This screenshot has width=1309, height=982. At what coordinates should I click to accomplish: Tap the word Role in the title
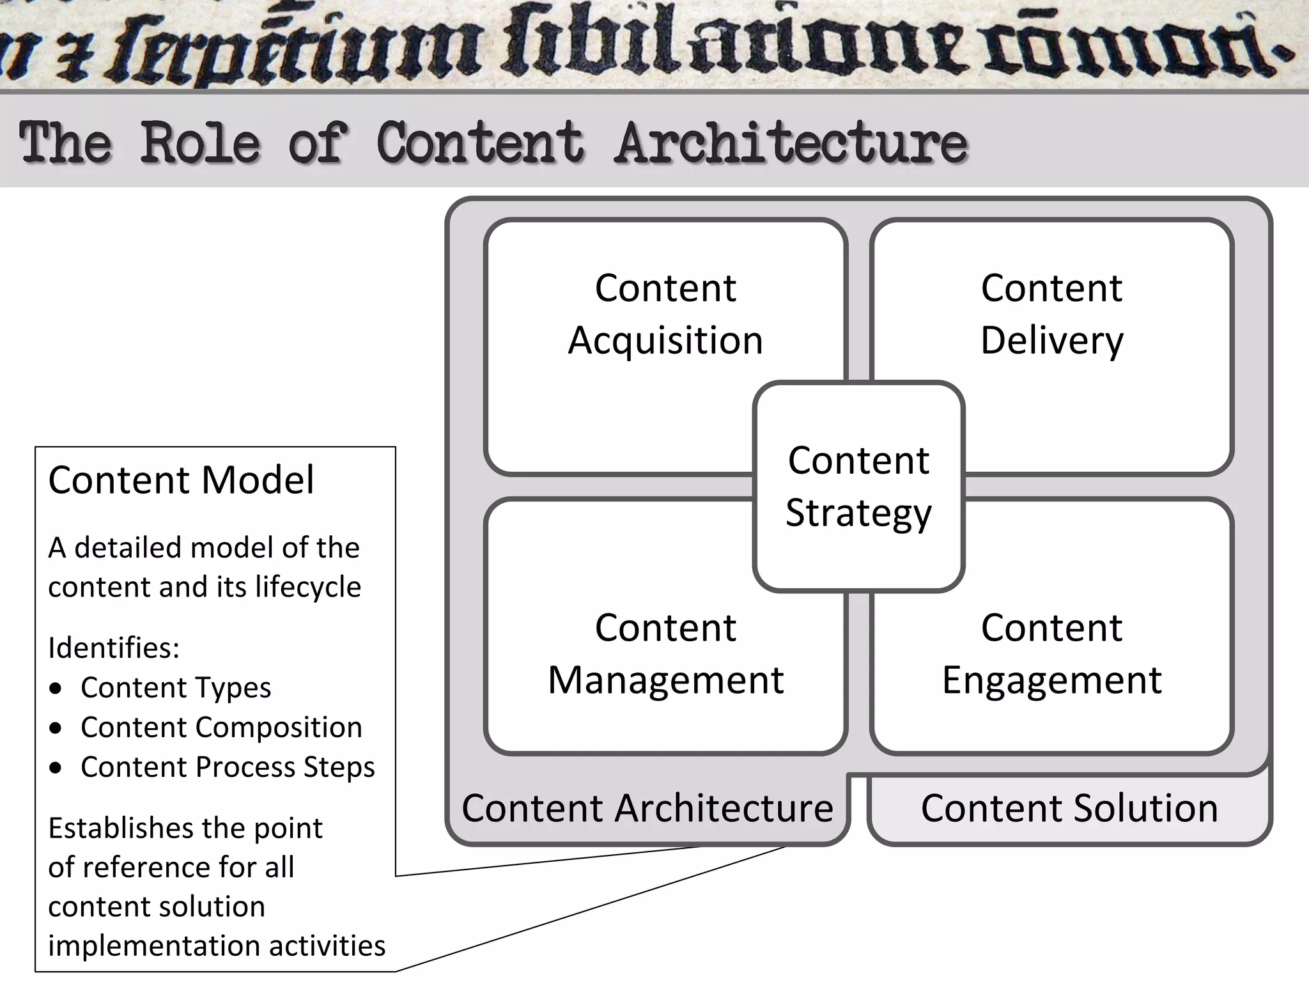click(x=200, y=142)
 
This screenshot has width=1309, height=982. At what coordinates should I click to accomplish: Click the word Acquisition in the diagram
click(x=665, y=340)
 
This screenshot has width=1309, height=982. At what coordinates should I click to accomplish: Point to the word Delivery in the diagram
click(x=1051, y=340)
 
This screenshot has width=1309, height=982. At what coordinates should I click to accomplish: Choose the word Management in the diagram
click(x=665, y=680)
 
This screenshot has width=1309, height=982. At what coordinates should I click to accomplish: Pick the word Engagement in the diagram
click(x=1051, y=680)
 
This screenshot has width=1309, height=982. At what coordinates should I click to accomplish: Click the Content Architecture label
click(x=647, y=808)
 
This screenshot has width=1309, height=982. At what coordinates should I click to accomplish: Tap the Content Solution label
click(x=1069, y=808)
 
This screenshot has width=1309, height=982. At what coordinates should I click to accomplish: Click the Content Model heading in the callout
click(x=181, y=479)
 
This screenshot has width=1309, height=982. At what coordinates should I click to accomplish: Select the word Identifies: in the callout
click(x=114, y=648)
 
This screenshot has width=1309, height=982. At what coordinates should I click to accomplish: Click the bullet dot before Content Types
click(x=56, y=689)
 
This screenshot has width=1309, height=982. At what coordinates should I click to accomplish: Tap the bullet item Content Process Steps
click(x=228, y=767)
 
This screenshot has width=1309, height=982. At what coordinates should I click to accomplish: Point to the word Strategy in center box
click(x=858, y=513)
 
